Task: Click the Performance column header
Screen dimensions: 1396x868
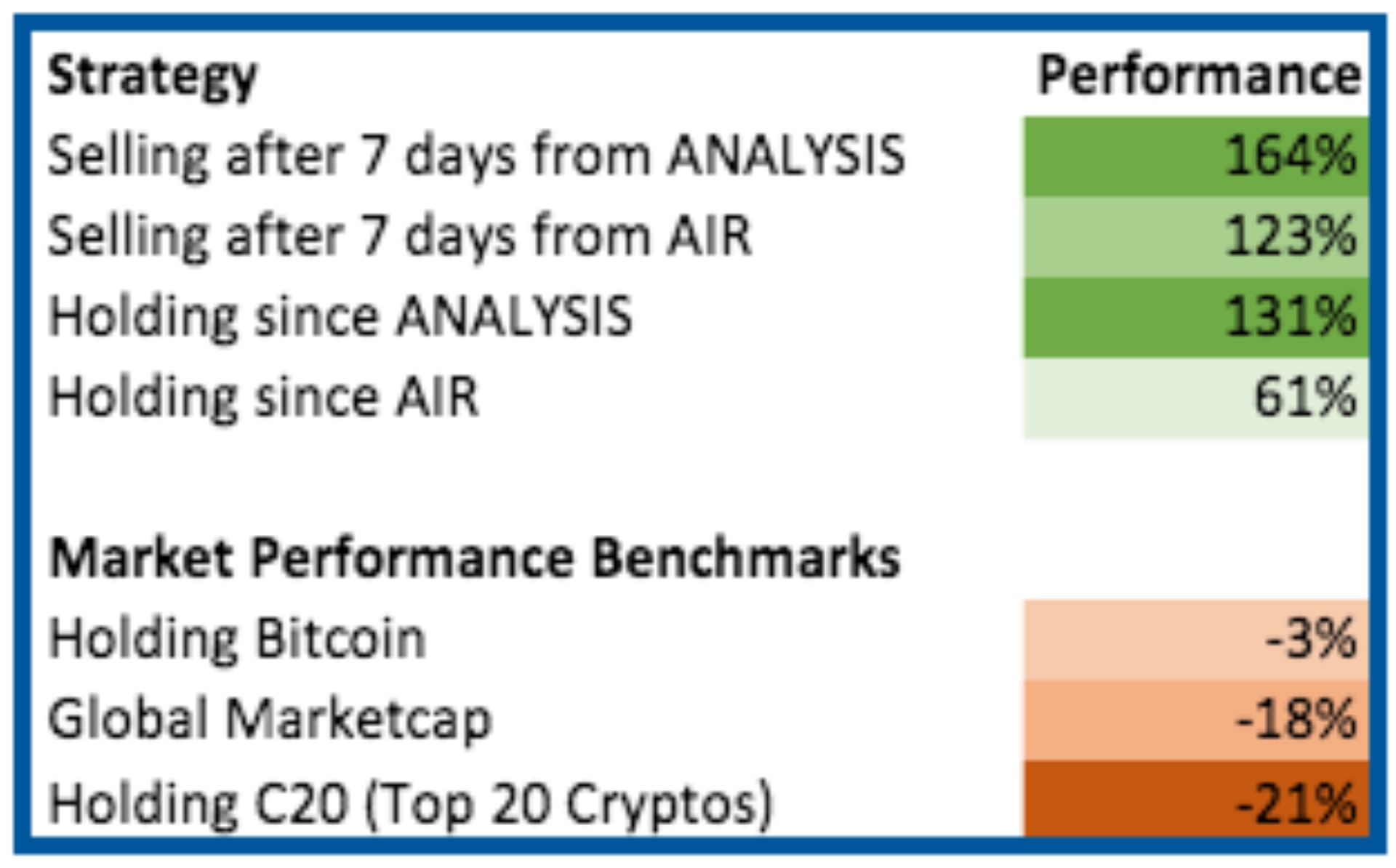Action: point(1199,76)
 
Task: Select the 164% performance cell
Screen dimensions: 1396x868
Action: point(1196,156)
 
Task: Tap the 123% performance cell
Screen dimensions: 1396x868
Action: point(1196,237)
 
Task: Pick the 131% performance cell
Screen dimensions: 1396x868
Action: point(1196,318)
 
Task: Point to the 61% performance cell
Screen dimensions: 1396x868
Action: point(1196,398)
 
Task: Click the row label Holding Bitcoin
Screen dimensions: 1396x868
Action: point(237,640)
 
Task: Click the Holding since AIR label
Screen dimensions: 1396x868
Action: point(263,398)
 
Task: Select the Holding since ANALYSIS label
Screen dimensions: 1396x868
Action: point(340,318)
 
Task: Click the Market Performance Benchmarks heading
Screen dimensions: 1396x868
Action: point(475,558)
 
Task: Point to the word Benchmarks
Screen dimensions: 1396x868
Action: point(747,558)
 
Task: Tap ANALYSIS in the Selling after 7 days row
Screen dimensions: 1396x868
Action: point(787,156)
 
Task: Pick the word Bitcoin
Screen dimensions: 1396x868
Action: point(341,638)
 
